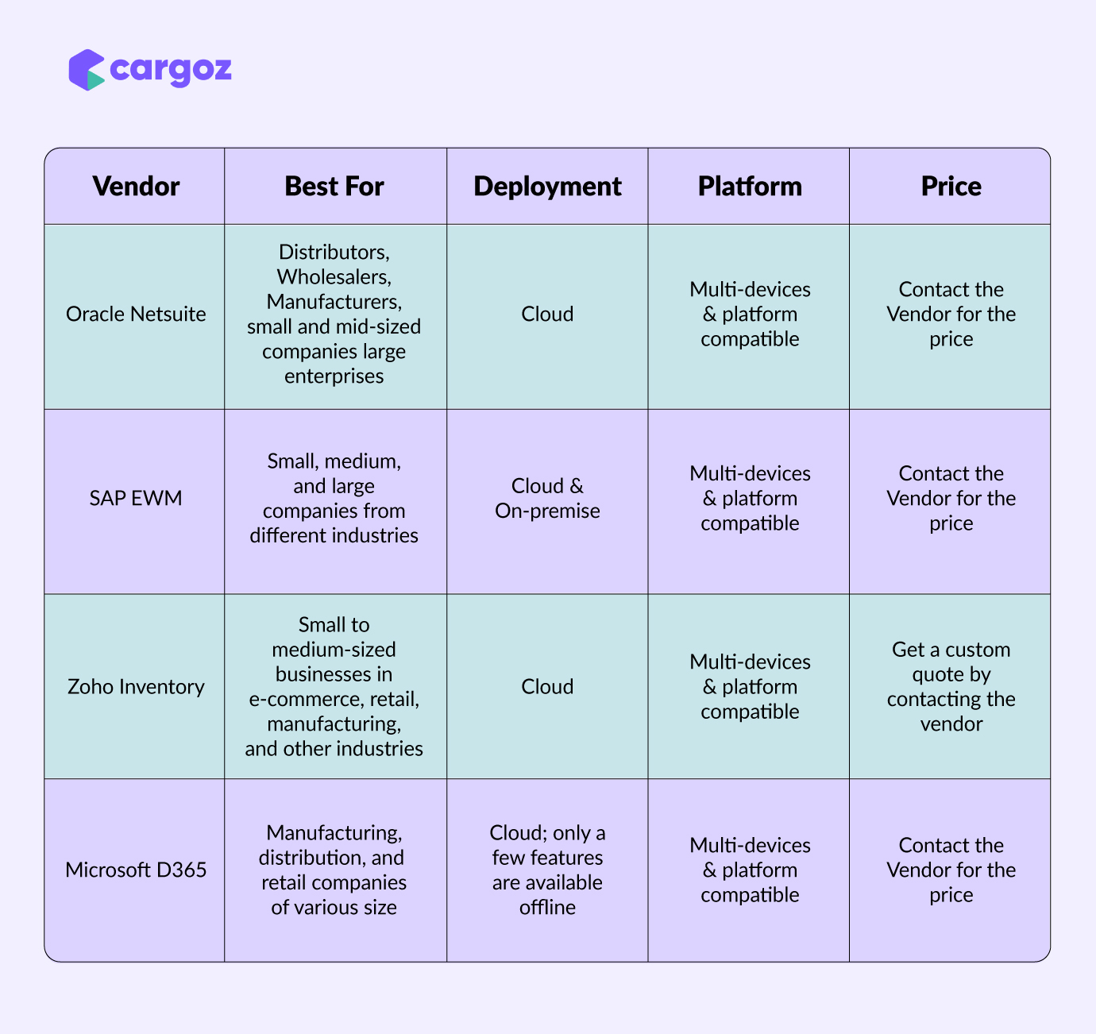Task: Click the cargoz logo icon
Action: point(86,70)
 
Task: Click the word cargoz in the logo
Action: point(171,71)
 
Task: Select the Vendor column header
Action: point(136,186)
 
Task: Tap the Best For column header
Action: point(334,186)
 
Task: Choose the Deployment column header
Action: point(547,187)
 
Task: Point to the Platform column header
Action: point(750,186)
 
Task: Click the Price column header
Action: point(951,186)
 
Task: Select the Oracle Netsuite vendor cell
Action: point(136,314)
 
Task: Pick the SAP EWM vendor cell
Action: point(136,498)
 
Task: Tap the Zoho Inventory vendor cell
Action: point(136,687)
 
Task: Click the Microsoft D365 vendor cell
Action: point(136,870)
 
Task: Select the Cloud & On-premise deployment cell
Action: point(547,499)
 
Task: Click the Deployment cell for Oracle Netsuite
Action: point(547,314)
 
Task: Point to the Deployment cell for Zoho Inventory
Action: point(547,687)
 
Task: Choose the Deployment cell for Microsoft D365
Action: point(547,870)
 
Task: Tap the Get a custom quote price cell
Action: point(951,687)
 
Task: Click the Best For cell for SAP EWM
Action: point(334,499)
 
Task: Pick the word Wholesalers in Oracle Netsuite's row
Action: point(334,276)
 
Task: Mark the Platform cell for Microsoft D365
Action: point(750,870)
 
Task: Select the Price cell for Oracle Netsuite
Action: point(951,314)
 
